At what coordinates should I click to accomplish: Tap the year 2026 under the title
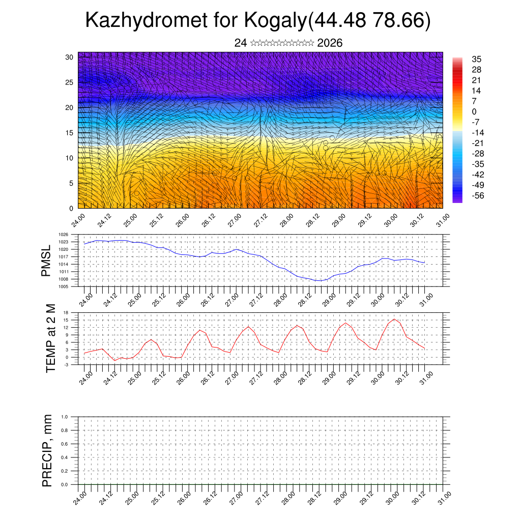coord(330,43)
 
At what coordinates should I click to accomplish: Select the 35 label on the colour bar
coord(477,59)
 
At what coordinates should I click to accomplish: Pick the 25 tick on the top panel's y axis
coord(69,82)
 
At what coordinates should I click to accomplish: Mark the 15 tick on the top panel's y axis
coord(69,133)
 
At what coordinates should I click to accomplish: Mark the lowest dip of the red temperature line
coord(115,360)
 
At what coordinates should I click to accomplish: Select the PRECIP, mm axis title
coord(47,451)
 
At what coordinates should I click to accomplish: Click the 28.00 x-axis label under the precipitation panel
coord(287,498)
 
